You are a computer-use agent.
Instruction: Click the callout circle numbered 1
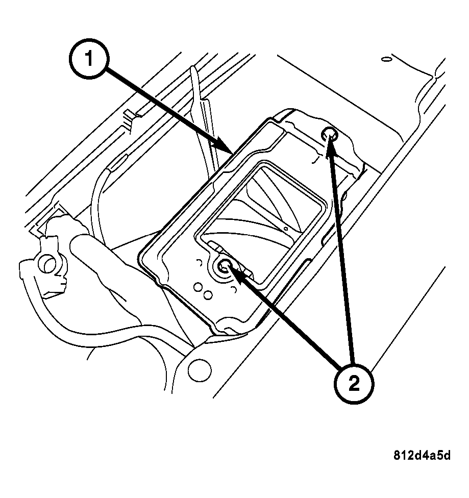[89, 61]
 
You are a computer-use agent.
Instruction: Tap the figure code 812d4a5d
[422, 455]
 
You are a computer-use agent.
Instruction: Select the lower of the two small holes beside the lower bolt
[208, 295]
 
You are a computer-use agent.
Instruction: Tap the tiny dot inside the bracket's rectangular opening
[286, 229]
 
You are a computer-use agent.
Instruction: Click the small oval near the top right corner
[386, 60]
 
